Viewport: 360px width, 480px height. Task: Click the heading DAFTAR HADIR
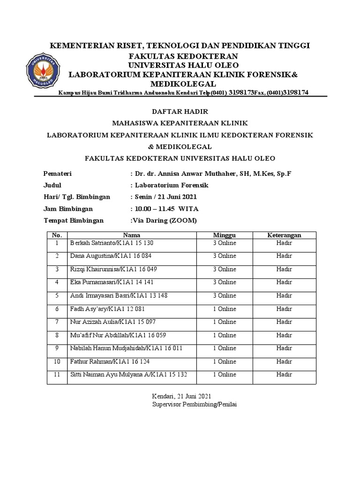(180, 112)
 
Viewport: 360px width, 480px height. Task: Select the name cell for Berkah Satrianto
(112, 243)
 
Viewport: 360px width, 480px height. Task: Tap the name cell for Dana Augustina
(111, 256)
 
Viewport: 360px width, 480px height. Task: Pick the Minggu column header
(225, 235)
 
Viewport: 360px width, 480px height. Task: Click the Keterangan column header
(284, 235)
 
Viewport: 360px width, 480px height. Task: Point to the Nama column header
(132, 235)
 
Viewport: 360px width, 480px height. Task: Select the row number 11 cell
(57, 375)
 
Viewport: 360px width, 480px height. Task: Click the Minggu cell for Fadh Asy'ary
(225, 308)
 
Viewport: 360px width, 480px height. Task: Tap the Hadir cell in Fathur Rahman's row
(284, 361)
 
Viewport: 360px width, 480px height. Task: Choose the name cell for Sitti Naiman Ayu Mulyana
(128, 375)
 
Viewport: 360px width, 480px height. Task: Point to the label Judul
(52, 185)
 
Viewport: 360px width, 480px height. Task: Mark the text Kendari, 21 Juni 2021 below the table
(181, 396)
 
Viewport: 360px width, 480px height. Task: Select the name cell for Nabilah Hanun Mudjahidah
(126, 348)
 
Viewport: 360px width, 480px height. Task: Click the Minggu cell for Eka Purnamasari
(225, 282)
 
